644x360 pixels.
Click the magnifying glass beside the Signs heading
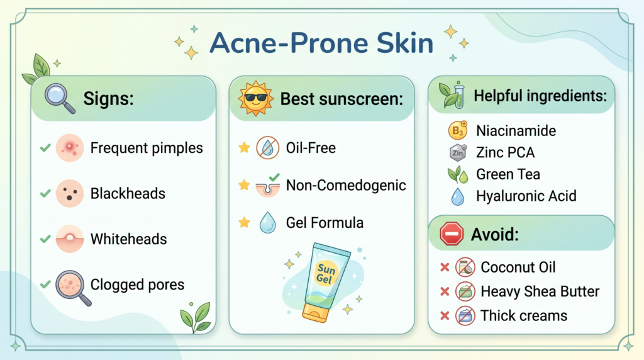click(x=60, y=98)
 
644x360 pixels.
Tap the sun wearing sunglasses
click(x=256, y=98)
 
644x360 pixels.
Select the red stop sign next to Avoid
click(x=452, y=234)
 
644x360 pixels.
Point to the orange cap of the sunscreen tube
click(x=316, y=313)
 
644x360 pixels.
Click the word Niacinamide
click(x=516, y=131)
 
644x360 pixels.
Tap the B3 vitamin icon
click(x=458, y=130)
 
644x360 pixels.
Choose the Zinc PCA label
click(x=505, y=152)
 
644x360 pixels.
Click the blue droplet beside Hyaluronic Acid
click(x=458, y=196)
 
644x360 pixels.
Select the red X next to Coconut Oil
click(x=445, y=267)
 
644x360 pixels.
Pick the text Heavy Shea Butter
click(x=540, y=291)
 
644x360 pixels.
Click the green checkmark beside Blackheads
click(x=45, y=193)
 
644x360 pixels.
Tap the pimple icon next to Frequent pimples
click(x=70, y=147)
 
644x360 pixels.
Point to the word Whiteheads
click(x=128, y=239)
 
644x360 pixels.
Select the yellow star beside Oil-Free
click(x=244, y=147)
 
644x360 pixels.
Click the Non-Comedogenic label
click(x=346, y=185)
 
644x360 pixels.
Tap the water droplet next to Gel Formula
click(x=267, y=222)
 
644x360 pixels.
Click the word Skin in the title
click(x=404, y=43)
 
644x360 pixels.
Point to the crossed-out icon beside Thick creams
click(x=465, y=315)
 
